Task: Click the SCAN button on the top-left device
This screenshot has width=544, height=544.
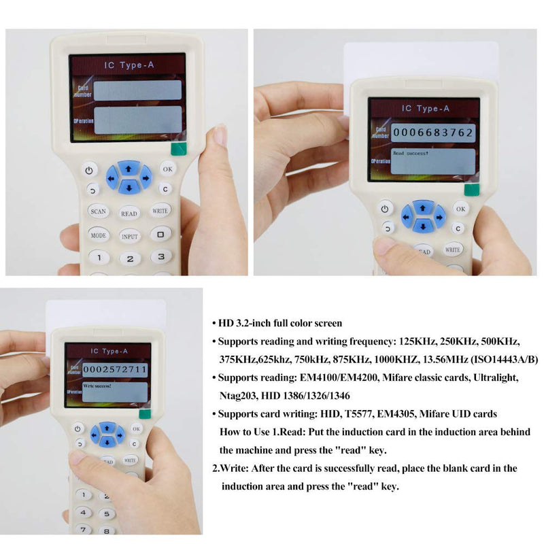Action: click(x=98, y=211)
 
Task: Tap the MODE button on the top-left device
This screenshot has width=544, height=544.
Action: click(x=99, y=235)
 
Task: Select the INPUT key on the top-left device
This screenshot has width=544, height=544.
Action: click(x=130, y=237)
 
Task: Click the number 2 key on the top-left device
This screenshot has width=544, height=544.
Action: click(x=130, y=258)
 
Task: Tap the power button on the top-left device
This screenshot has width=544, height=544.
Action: click(x=90, y=169)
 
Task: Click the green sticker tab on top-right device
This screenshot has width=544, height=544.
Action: click(x=470, y=189)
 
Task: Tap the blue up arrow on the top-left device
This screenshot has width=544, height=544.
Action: click(x=129, y=167)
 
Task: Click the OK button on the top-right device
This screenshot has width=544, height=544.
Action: click(x=461, y=209)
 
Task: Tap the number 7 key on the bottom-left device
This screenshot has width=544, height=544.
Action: click(x=83, y=529)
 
